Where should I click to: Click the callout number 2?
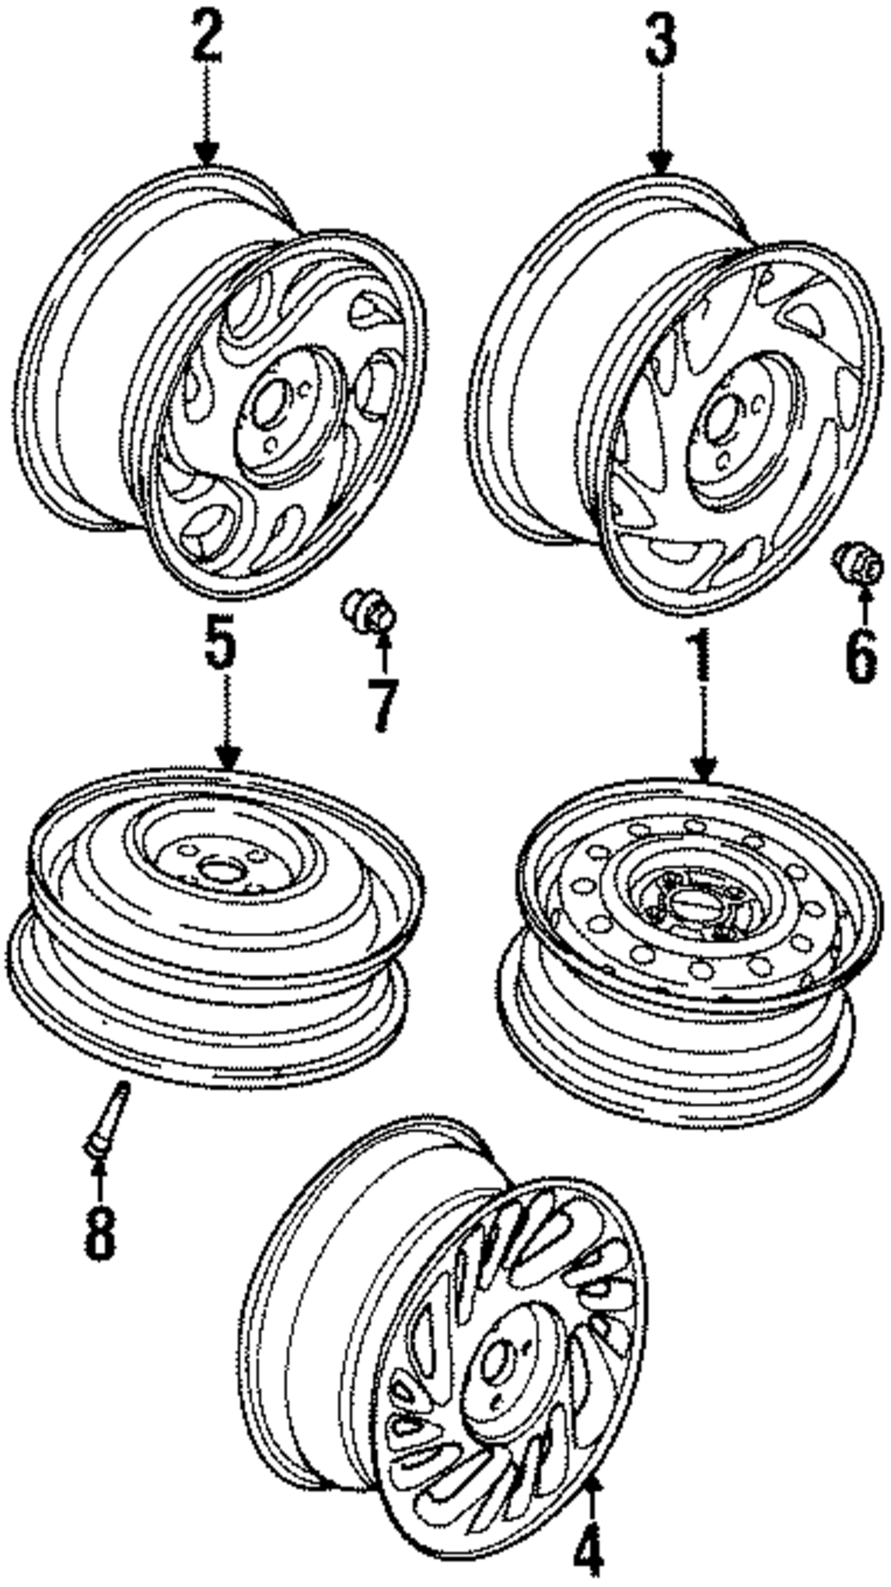[x=207, y=37]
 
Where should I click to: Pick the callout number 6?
[x=861, y=658]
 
